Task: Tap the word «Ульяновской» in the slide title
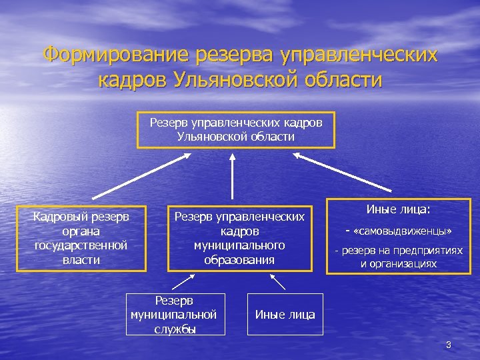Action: pos(243,80)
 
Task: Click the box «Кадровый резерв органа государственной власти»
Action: pos(81,238)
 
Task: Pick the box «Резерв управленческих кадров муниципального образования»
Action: pos(239,238)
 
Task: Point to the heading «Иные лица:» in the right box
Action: pos(399,209)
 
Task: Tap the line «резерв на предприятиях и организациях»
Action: pos(399,257)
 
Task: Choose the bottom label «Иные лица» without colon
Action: pos(285,315)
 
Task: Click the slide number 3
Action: pos(449,345)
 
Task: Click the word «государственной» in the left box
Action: pos(81,245)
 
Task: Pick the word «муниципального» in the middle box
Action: pos(239,245)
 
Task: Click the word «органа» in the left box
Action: pos(81,231)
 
